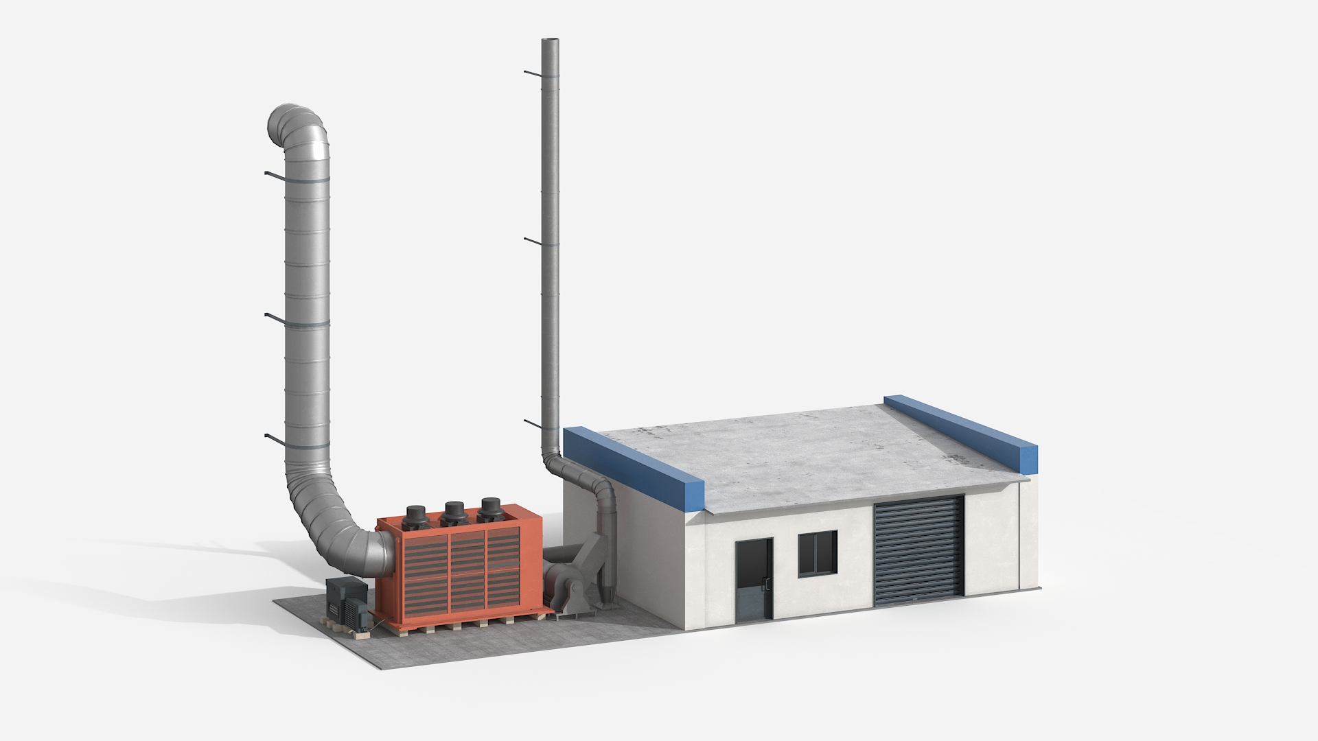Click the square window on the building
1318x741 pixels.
[x=818, y=552]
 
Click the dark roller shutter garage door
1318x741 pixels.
[x=918, y=551]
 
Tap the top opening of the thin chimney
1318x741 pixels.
[x=551, y=43]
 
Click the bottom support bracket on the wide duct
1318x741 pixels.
[x=275, y=438]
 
